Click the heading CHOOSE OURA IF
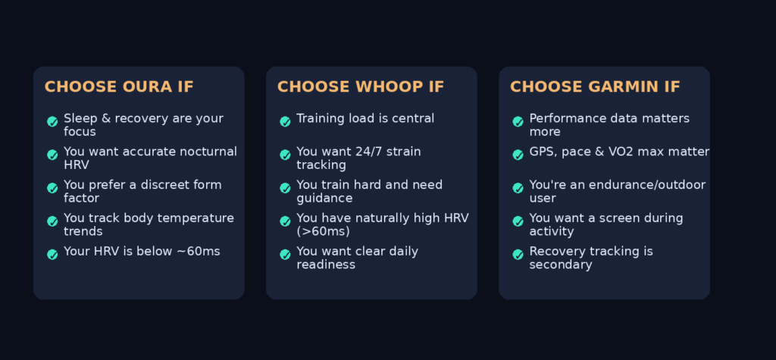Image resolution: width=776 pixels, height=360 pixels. tap(119, 86)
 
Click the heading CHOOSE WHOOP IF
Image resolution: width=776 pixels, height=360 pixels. tap(360, 86)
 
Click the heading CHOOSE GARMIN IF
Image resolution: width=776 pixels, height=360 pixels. tap(595, 86)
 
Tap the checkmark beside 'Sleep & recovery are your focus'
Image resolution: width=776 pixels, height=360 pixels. tap(52, 121)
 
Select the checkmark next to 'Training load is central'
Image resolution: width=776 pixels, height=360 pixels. tap(285, 121)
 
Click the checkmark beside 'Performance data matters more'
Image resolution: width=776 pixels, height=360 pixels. tap(518, 121)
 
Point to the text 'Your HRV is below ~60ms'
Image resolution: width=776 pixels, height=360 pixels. tap(142, 251)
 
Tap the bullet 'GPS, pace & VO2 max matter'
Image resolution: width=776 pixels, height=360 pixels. tap(619, 152)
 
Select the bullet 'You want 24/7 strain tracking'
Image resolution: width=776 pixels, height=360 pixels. tap(358, 158)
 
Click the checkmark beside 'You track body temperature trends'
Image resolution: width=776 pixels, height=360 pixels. tap(52, 221)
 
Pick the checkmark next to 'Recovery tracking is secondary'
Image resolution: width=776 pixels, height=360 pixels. tap(518, 255)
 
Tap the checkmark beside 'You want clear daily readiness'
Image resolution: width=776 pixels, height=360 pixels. tap(285, 255)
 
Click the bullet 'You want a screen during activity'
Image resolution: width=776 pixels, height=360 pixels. tap(605, 224)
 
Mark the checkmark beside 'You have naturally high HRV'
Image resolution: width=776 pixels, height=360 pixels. tap(285, 221)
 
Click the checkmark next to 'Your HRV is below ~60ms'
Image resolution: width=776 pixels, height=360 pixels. tap(52, 255)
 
